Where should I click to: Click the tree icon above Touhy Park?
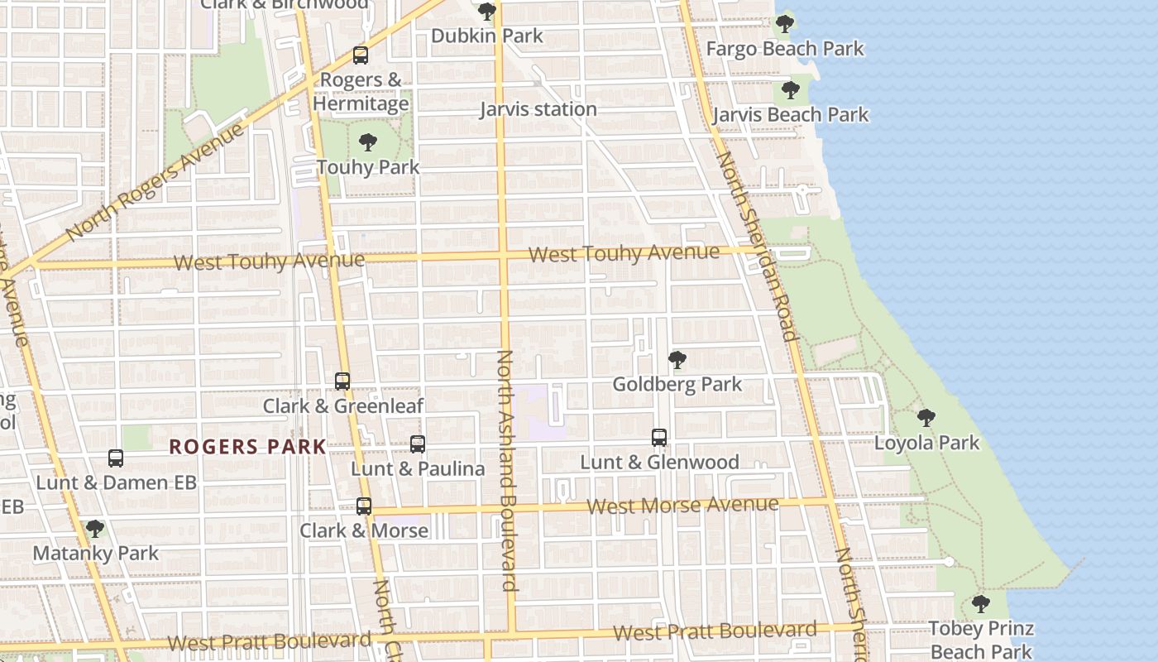[368, 142]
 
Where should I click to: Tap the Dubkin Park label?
[487, 36]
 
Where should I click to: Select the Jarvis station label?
[538, 109]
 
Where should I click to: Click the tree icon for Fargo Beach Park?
[785, 24]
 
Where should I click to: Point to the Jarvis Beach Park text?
[790, 115]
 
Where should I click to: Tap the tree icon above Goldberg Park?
[677, 360]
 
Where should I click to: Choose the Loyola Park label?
[926, 443]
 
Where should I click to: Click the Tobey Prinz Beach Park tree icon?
[981, 604]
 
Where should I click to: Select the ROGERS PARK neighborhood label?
[247, 448]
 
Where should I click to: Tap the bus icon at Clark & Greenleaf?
[342, 381]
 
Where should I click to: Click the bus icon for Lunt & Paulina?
[418, 444]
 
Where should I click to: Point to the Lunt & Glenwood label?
[659, 463]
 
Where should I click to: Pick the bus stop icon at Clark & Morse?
[364, 506]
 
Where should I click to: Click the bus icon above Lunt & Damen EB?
[116, 458]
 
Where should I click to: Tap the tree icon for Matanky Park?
[95, 529]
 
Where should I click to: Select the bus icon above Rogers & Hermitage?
[361, 55]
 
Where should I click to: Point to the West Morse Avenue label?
[682, 505]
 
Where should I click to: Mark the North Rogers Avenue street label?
[155, 182]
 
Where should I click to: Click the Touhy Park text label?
[368, 167]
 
